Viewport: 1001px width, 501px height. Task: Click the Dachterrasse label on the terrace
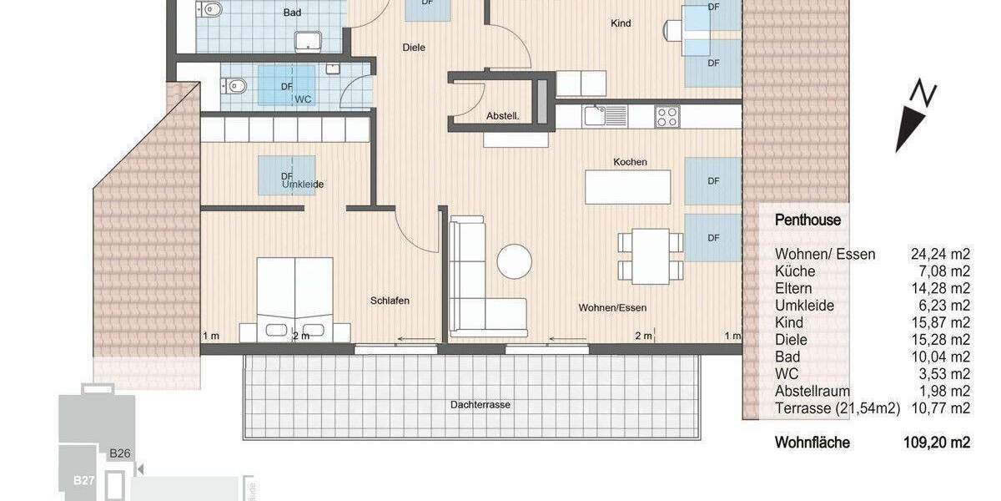[x=480, y=405]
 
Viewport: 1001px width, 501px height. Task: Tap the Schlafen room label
[x=390, y=301]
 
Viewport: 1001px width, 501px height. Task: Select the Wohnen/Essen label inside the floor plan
[x=612, y=308]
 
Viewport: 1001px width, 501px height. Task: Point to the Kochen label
[x=630, y=162]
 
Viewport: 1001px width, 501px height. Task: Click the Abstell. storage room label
[x=502, y=117]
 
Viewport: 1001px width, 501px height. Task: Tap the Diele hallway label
[x=414, y=48]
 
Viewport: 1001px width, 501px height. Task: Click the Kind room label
[x=621, y=23]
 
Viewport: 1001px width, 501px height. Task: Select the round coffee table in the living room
[x=515, y=261]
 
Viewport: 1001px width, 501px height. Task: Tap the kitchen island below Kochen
[x=627, y=187]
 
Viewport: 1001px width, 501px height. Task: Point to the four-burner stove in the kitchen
[x=666, y=116]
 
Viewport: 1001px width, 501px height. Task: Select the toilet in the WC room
[x=234, y=84]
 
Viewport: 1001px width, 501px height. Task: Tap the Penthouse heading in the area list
[x=807, y=221]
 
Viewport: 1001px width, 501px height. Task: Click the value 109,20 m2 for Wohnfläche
[x=941, y=443]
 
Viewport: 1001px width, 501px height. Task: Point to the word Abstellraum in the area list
[x=812, y=391]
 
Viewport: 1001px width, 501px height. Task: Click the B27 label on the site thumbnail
[x=83, y=480]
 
